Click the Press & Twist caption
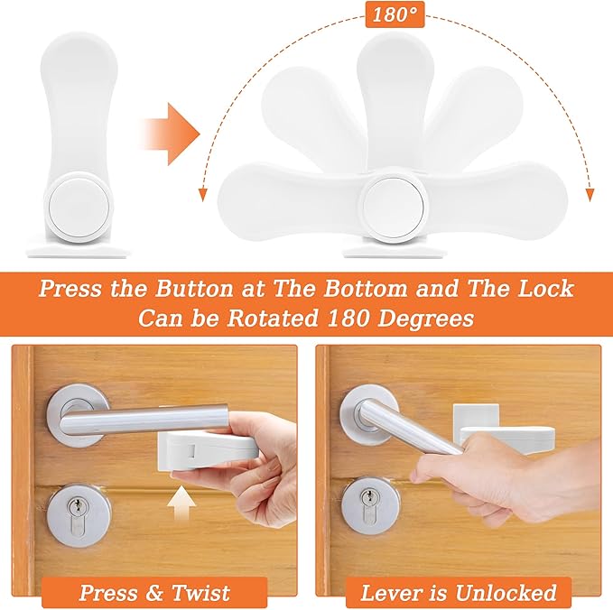155,593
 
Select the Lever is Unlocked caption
458,593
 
